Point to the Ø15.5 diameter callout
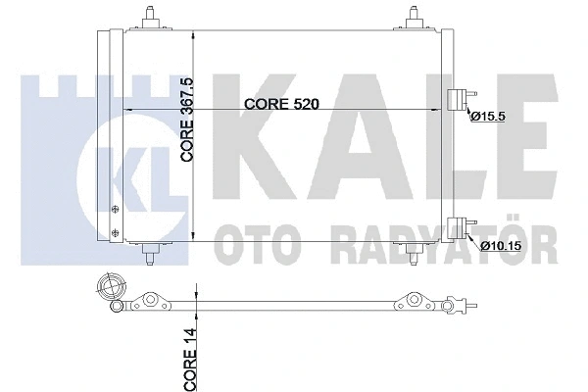point(486,117)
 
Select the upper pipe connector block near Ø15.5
point(456,100)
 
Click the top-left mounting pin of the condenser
point(150,18)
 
